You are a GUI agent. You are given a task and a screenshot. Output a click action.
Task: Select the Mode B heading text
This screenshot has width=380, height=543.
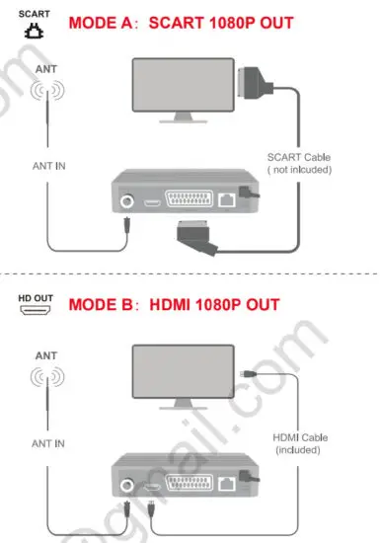click(174, 303)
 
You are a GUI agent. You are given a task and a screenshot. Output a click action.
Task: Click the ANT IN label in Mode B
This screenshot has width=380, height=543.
click(48, 443)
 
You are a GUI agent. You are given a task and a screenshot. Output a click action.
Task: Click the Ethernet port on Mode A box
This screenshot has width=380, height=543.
click(228, 201)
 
